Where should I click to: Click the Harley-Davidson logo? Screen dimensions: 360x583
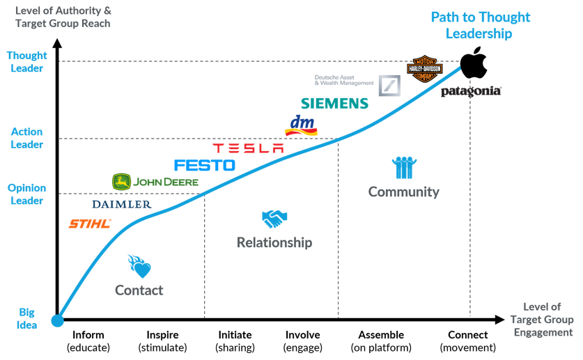tap(425, 69)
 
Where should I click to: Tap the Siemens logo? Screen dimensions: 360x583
tap(334, 104)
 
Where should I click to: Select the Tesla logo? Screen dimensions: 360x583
tap(248, 148)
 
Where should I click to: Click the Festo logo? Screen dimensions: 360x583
tap(204, 166)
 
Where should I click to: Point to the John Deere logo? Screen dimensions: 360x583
tap(155, 182)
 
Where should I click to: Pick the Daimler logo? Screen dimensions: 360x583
tap(121, 205)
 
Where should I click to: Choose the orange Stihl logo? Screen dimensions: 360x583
tap(90, 224)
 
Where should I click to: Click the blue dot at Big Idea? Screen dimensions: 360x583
tap(58, 321)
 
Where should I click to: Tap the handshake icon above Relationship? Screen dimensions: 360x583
tap(274, 219)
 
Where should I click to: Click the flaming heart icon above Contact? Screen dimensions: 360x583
tap(139, 265)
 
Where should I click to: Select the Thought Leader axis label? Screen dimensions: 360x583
tap(27, 62)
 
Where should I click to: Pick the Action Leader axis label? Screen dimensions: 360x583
tap(27, 138)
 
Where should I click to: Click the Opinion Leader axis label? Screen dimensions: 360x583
tap(27, 194)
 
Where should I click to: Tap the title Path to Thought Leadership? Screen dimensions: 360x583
tap(480, 25)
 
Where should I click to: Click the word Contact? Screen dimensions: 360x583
tap(139, 290)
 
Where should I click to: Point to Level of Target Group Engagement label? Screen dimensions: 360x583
tap(542, 320)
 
